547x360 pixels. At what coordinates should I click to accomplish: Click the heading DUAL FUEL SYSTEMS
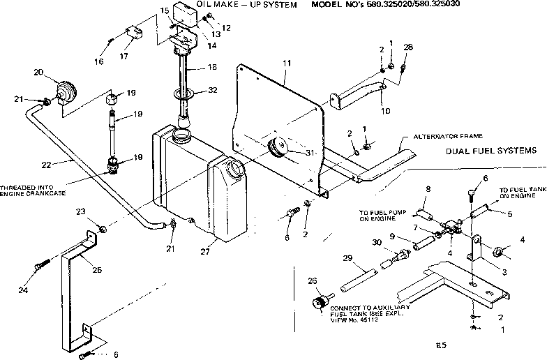491,150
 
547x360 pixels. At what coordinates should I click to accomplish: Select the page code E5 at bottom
437,345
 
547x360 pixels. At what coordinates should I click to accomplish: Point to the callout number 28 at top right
408,47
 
